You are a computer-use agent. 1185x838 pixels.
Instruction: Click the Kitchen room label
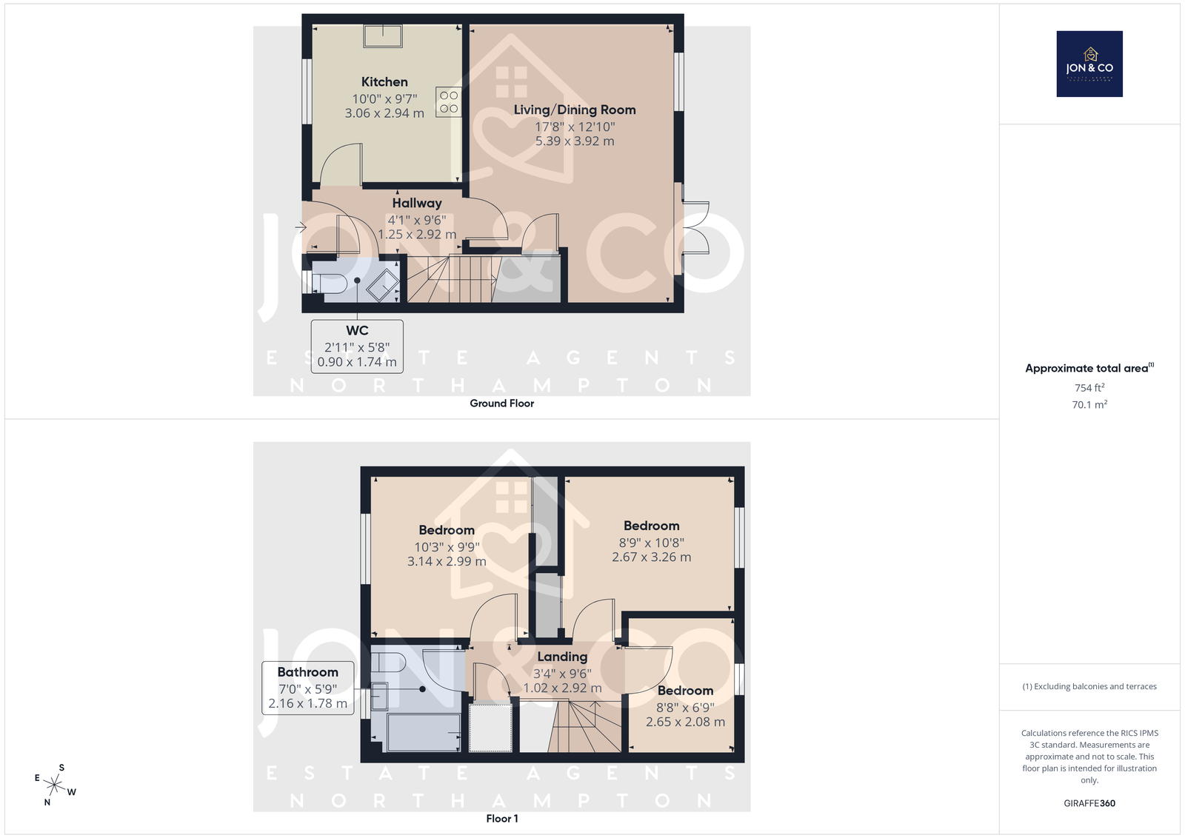pos(384,82)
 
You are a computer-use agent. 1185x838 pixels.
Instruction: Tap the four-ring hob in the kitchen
pos(449,101)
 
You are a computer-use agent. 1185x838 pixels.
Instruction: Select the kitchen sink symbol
pos(383,36)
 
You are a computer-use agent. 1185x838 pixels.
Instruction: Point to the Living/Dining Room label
pos(575,110)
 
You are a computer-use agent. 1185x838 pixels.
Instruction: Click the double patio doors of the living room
pos(695,229)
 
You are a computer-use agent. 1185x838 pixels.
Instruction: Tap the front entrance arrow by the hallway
pos(301,228)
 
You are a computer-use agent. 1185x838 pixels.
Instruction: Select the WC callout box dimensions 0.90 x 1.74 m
pos(357,362)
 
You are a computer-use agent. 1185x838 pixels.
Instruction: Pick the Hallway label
pos(417,203)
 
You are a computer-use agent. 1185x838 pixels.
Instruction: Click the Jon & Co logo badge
pos(1089,64)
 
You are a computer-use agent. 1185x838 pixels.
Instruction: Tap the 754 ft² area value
pos(1089,388)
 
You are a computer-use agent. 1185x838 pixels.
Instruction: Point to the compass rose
pos(55,785)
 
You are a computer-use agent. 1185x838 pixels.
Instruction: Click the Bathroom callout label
pos(308,672)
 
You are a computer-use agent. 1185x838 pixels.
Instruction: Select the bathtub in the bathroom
pos(424,732)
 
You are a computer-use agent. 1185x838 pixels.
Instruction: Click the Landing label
pos(562,657)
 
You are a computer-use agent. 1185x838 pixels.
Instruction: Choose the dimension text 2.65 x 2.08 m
pos(685,723)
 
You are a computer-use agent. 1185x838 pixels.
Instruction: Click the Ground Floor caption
pos(501,403)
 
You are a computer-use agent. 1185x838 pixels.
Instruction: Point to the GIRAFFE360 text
pos(1089,803)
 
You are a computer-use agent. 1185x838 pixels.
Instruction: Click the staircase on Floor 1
pos(584,725)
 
